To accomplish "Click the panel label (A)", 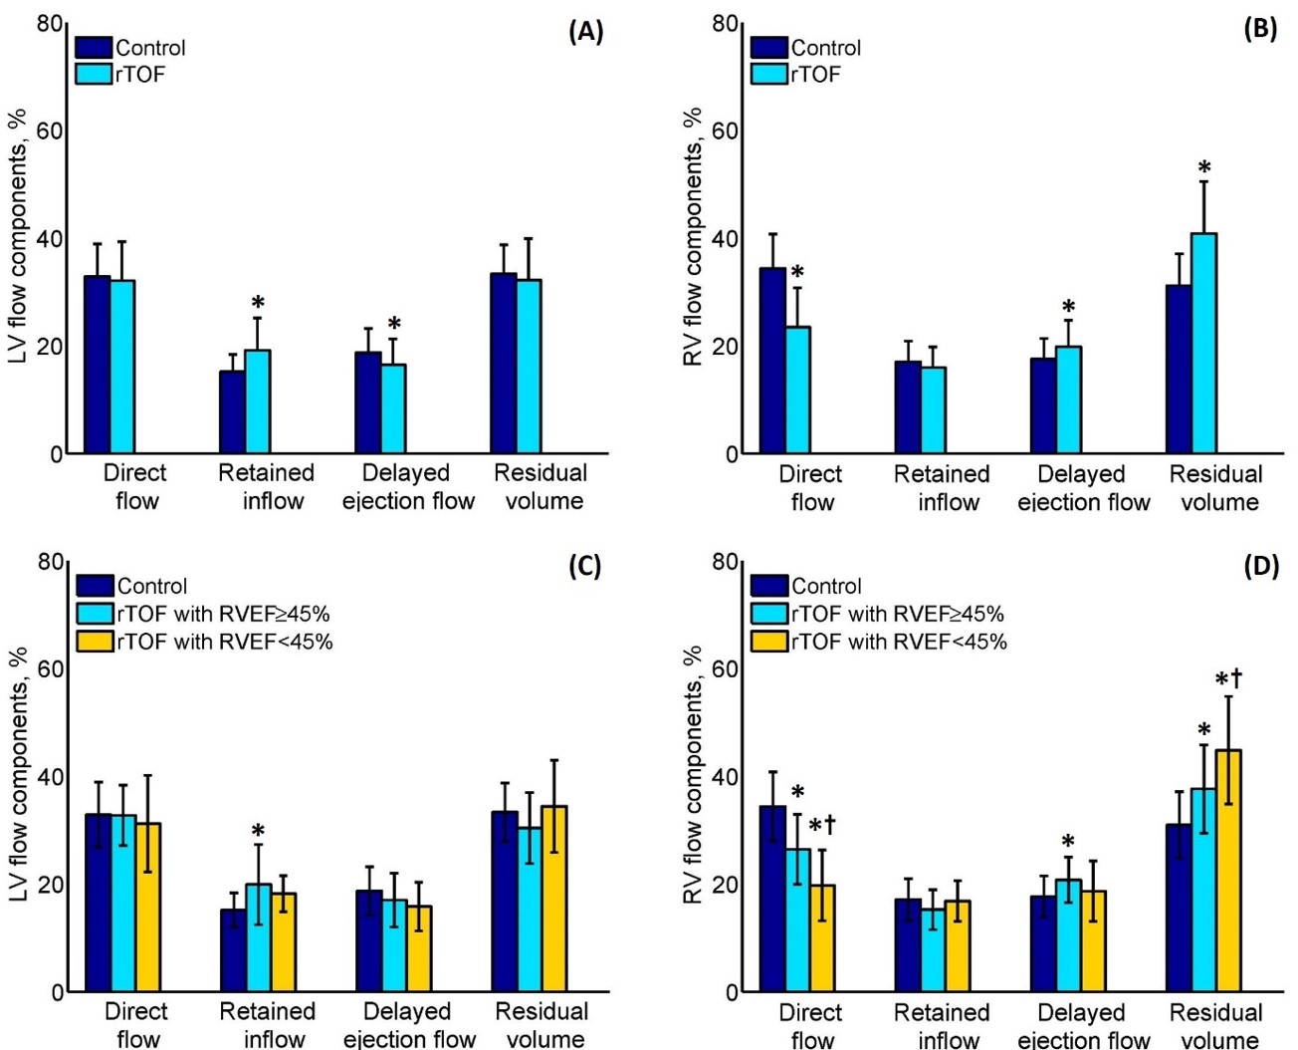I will click(585, 31).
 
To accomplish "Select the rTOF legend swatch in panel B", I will click(768, 74).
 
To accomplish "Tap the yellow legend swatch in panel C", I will click(95, 641).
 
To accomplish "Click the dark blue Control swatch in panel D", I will click(768, 586).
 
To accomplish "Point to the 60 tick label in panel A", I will click(50, 131).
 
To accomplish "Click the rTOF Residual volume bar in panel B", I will click(1203, 344).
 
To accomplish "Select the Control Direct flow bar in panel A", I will click(97, 365).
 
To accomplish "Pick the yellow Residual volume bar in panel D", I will click(1228, 871).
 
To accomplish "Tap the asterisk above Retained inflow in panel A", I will click(258, 304).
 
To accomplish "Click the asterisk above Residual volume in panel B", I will click(1204, 168).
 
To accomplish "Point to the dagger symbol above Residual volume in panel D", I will click(1236, 679).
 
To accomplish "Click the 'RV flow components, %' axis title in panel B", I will click(694, 237).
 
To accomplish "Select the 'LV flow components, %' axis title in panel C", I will click(18, 775).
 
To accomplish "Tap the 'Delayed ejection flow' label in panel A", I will click(407, 486).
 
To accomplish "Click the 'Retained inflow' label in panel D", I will click(942, 1026).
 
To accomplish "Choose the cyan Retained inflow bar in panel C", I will click(258, 937).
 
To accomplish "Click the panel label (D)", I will click(1260, 567).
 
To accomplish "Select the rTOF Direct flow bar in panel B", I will click(797, 391).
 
